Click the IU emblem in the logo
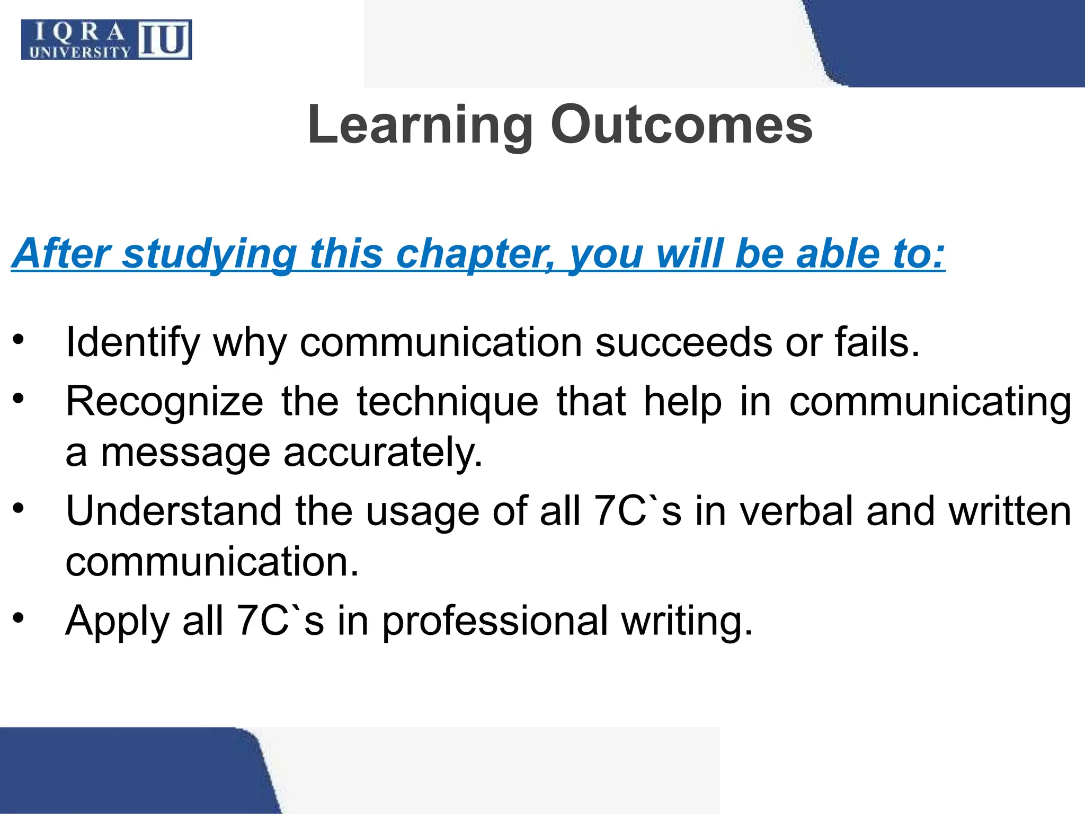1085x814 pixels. pos(164,39)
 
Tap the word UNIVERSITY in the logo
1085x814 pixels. pos(80,52)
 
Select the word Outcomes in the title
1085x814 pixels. pos(681,125)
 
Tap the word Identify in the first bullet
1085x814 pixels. pos(132,343)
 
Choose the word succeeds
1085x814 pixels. pos(684,342)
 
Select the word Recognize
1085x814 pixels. pos(164,402)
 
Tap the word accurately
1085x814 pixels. pos(383,453)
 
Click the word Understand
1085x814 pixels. pos(173,511)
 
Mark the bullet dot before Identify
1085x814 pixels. pos(19,340)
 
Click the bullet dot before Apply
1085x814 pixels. pos(19,618)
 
